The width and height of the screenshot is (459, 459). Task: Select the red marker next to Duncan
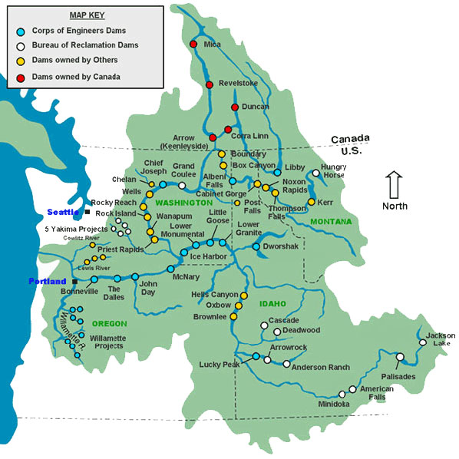pos(235,107)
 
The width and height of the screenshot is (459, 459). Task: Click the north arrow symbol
pos(395,186)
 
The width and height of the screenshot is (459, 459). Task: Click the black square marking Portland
pos(74,282)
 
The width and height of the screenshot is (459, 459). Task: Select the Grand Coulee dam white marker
pos(182,185)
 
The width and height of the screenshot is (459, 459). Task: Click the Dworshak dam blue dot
pos(256,246)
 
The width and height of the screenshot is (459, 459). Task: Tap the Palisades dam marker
pos(400,356)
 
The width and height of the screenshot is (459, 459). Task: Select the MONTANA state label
pos(330,221)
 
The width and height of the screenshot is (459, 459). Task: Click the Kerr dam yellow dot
pos(311,202)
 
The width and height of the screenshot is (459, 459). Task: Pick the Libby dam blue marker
pos(277,173)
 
